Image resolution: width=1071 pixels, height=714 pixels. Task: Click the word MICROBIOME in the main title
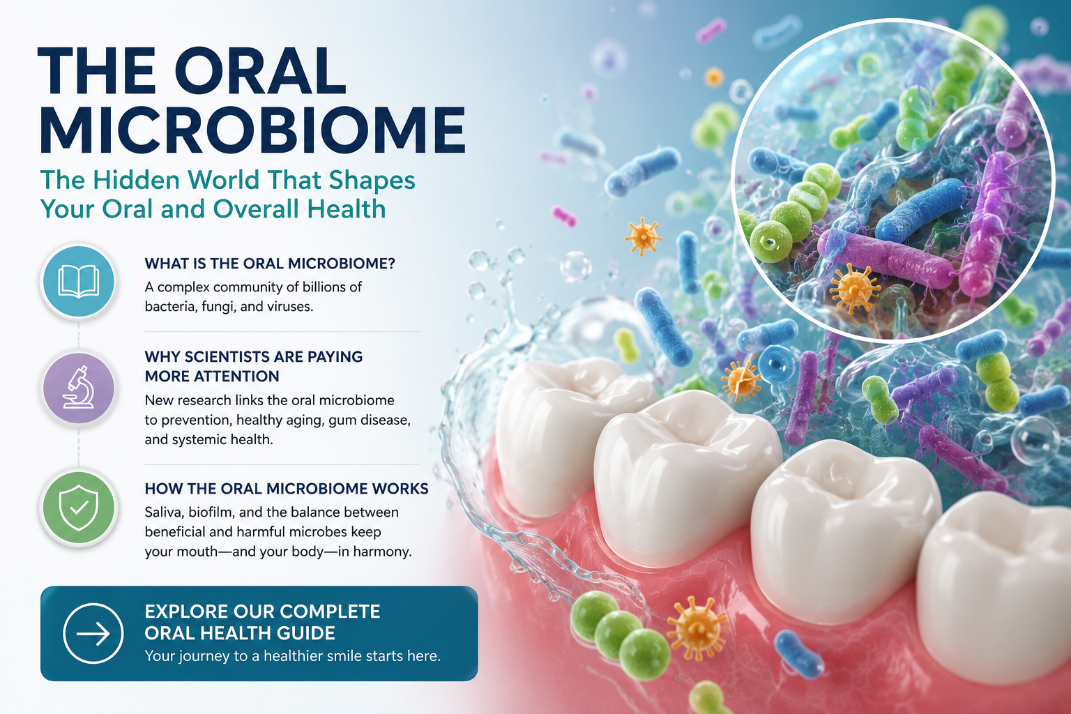(252, 130)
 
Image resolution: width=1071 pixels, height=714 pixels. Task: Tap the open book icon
(78, 281)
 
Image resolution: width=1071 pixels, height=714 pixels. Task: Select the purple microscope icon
(78, 388)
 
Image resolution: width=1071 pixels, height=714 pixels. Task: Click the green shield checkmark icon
(78, 508)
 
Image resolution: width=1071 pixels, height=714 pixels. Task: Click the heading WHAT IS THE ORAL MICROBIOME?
(270, 264)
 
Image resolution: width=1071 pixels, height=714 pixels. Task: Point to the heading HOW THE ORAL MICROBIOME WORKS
(287, 489)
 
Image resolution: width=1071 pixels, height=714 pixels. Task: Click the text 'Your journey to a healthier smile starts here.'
(293, 655)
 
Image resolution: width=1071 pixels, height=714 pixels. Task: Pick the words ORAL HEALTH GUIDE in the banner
(240, 633)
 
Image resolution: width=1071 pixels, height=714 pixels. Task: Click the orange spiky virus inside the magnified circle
(854, 288)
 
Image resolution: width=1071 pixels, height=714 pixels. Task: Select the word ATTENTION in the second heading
(212, 377)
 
